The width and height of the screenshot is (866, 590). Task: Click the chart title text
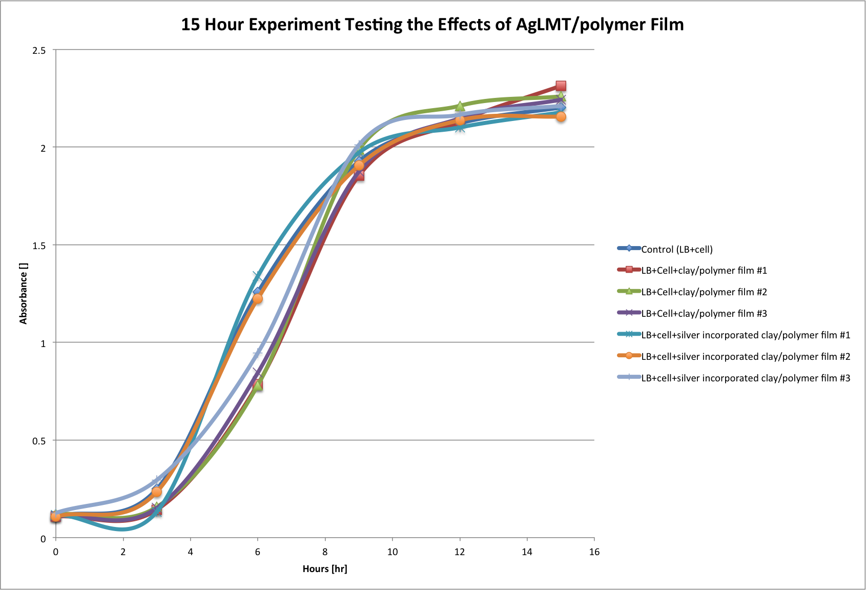pos(432,25)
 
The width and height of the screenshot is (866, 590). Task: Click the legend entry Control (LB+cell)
pos(677,250)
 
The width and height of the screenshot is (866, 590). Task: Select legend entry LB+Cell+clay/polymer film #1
pos(704,271)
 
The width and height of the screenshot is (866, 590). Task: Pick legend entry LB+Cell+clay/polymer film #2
pos(704,292)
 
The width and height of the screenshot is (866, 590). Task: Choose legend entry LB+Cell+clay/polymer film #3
pos(704,314)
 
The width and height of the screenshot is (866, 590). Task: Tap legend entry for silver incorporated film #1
pos(746,335)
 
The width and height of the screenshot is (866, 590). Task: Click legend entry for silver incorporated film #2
pos(746,357)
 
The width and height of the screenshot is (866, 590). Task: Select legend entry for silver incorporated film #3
pos(746,378)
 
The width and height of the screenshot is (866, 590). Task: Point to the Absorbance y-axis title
pos(23,294)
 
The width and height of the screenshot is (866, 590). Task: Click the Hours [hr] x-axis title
pos(325,568)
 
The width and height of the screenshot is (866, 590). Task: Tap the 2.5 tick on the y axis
pos(39,50)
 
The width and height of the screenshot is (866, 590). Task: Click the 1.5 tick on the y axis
pos(39,246)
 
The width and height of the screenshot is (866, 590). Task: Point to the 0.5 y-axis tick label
pos(39,441)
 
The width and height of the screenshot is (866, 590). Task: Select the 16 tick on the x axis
pos(594,552)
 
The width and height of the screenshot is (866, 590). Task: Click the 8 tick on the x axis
pos(325,552)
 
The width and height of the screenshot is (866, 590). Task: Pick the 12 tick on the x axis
pos(460,552)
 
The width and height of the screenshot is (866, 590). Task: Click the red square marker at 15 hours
pos(561,86)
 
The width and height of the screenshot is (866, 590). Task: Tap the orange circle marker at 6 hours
pos(257,299)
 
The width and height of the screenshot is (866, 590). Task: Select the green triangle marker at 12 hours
pos(460,106)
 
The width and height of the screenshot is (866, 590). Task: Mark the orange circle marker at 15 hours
pos(561,117)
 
